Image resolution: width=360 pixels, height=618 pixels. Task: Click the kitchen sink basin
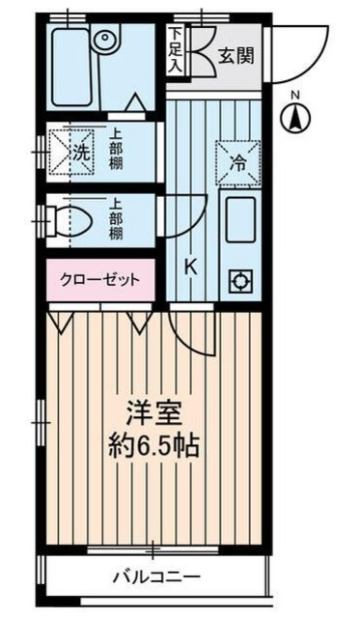(x=237, y=220)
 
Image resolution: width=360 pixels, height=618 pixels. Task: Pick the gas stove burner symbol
(x=238, y=282)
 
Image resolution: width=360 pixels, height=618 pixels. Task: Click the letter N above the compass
(x=296, y=95)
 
